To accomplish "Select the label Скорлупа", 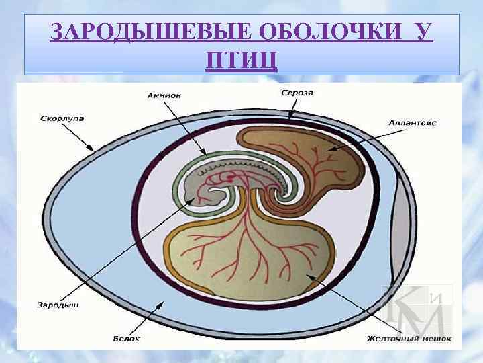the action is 62,118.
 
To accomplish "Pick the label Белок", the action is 126,338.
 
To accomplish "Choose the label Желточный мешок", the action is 409,338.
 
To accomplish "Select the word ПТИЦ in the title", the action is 241,61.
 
